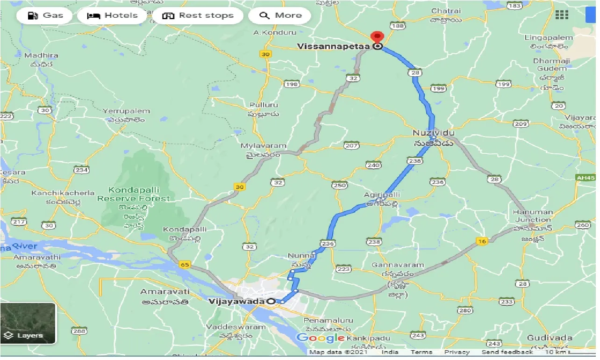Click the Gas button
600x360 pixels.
[45, 15]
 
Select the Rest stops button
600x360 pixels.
[198, 15]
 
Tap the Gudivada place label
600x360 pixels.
[550, 338]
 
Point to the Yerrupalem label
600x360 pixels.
[126, 111]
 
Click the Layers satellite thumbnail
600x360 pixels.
[28, 323]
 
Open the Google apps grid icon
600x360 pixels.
[562, 15]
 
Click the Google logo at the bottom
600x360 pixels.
[321, 338]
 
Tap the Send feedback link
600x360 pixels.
[507, 352]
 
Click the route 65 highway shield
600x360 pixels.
[184, 265]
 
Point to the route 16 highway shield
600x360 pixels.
[482, 241]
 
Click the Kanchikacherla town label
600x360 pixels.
[63, 193]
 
